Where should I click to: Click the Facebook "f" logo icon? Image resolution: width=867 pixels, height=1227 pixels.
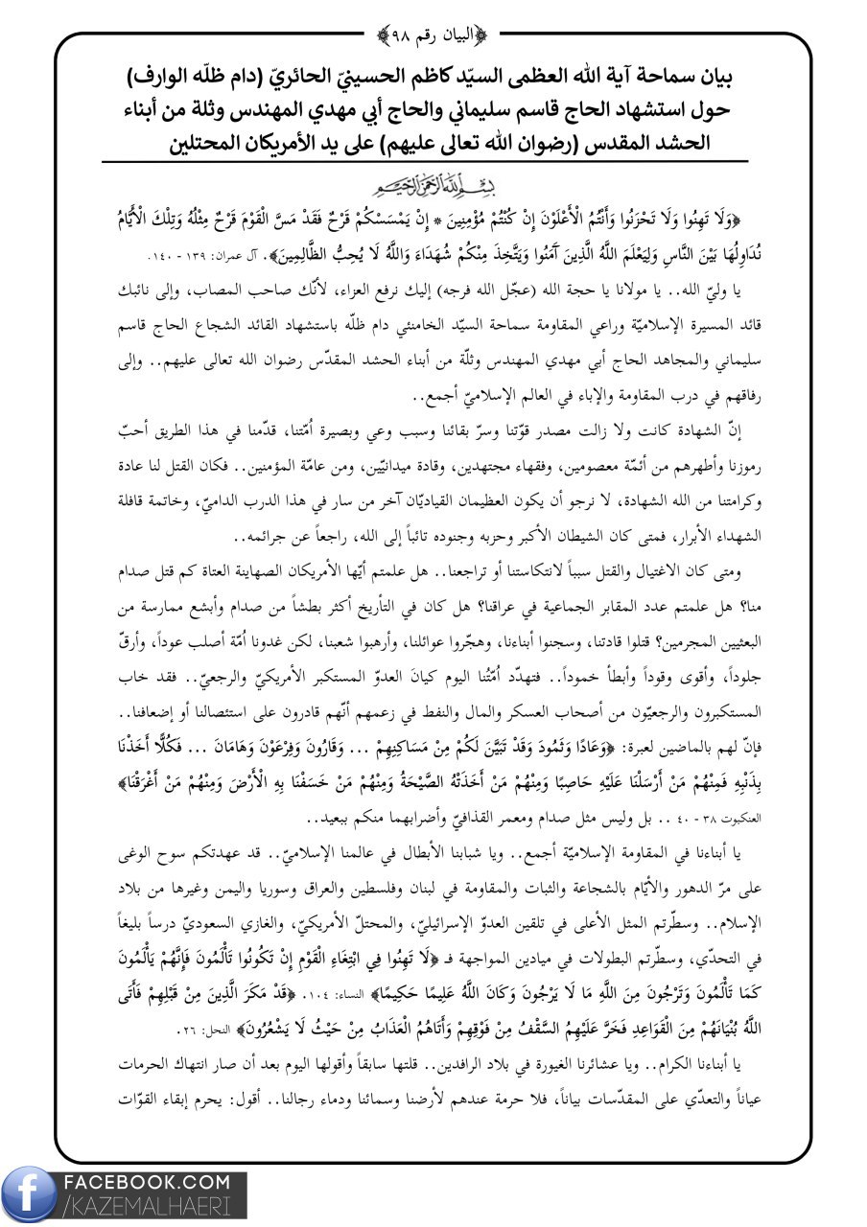(30, 1196)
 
